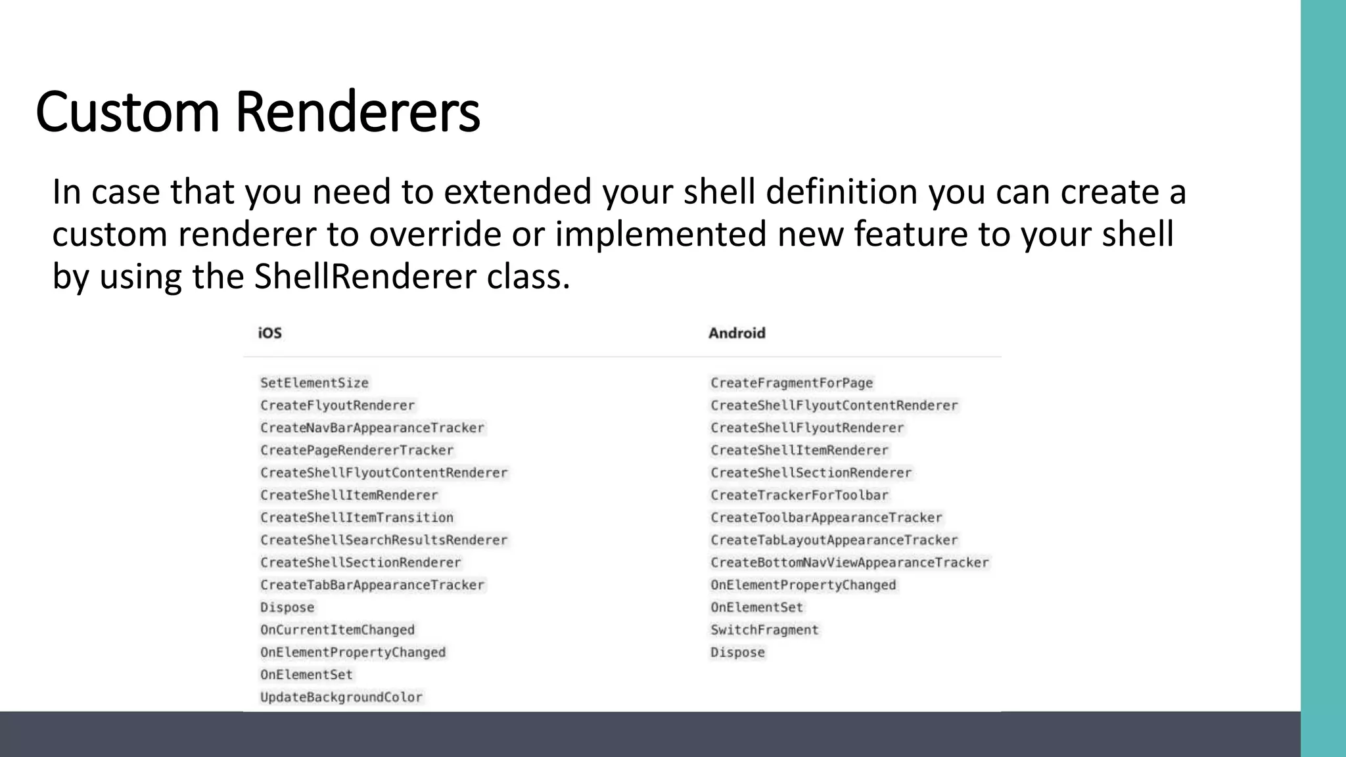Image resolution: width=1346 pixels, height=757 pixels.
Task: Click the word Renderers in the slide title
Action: point(358,112)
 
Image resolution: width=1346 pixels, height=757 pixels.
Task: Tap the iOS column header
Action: point(269,333)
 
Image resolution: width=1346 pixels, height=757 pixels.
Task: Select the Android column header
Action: point(737,333)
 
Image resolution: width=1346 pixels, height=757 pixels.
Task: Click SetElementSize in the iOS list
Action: point(314,383)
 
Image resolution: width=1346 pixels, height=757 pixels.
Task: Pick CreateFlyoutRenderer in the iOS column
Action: point(337,405)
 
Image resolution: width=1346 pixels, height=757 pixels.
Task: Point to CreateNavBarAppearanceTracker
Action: point(372,428)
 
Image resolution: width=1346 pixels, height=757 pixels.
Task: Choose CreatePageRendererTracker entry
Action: point(357,450)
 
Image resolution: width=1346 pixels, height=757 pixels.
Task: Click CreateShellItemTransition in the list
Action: point(357,518)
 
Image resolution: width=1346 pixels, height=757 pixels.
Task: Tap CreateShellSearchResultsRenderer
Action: point(384,540)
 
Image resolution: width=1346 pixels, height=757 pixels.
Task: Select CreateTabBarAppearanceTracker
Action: point(372,585)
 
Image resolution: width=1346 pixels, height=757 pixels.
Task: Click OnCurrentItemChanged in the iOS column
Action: point(337,630)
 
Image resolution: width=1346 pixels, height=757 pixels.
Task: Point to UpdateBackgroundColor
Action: point(341,697)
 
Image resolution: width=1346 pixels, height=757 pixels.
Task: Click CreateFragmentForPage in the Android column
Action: point(791,383)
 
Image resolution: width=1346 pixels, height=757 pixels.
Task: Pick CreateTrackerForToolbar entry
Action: point(799,495)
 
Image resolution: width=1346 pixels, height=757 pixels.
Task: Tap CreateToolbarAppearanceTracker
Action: point(826,518)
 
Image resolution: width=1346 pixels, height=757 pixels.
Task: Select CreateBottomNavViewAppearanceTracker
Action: point(849,562)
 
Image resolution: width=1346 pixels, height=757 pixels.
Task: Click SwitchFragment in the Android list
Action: point(764,630)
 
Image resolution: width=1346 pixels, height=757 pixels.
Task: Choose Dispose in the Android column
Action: point(737,653)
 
